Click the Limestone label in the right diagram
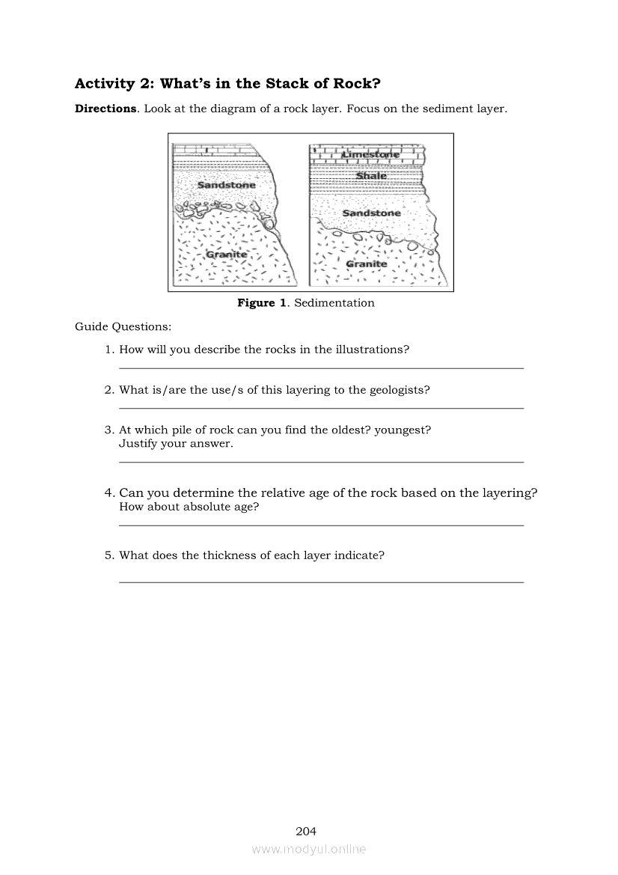(371, 154)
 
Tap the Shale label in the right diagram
(371, 176)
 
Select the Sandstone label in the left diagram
(226, 185)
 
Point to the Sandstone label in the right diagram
(371, 213)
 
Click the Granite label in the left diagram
(226, 255)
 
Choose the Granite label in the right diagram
(367, 264)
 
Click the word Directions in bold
(105, 109)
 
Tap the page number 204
(306, 831)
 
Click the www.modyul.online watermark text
(308, 850)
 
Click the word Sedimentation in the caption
(334, 303)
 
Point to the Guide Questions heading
(123, 327)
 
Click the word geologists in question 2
(399, 390)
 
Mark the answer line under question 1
(321, 368)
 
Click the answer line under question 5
(321, 582)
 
